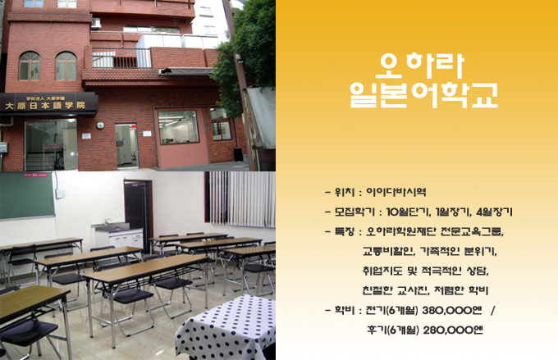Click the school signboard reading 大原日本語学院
pyautogui.click(x=48, y=103)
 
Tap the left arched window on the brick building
pyautogui.click(x=30, y=66)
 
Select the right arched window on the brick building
pyautogui.click(x=66, y=66)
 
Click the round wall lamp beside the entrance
pyautogui.click(x=100, y=125)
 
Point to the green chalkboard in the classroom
pyautogui.click(x=27, y=195)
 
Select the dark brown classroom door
pyautogui.click(x=139, y=213)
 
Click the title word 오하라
pyautogui.click(x=423, y=66)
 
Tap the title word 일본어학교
pyautogui.click(x=423, y=94)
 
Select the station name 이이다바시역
pyautogui.click(x=396, y=192)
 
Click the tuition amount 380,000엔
pyautogui.click(x=451, y=311)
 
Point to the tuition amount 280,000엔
pyautogui.click(x=453, y=330)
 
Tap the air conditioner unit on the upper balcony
pyautogui.click(x=96, y=23)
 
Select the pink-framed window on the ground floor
pyautogui.click(x=178, y=127)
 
